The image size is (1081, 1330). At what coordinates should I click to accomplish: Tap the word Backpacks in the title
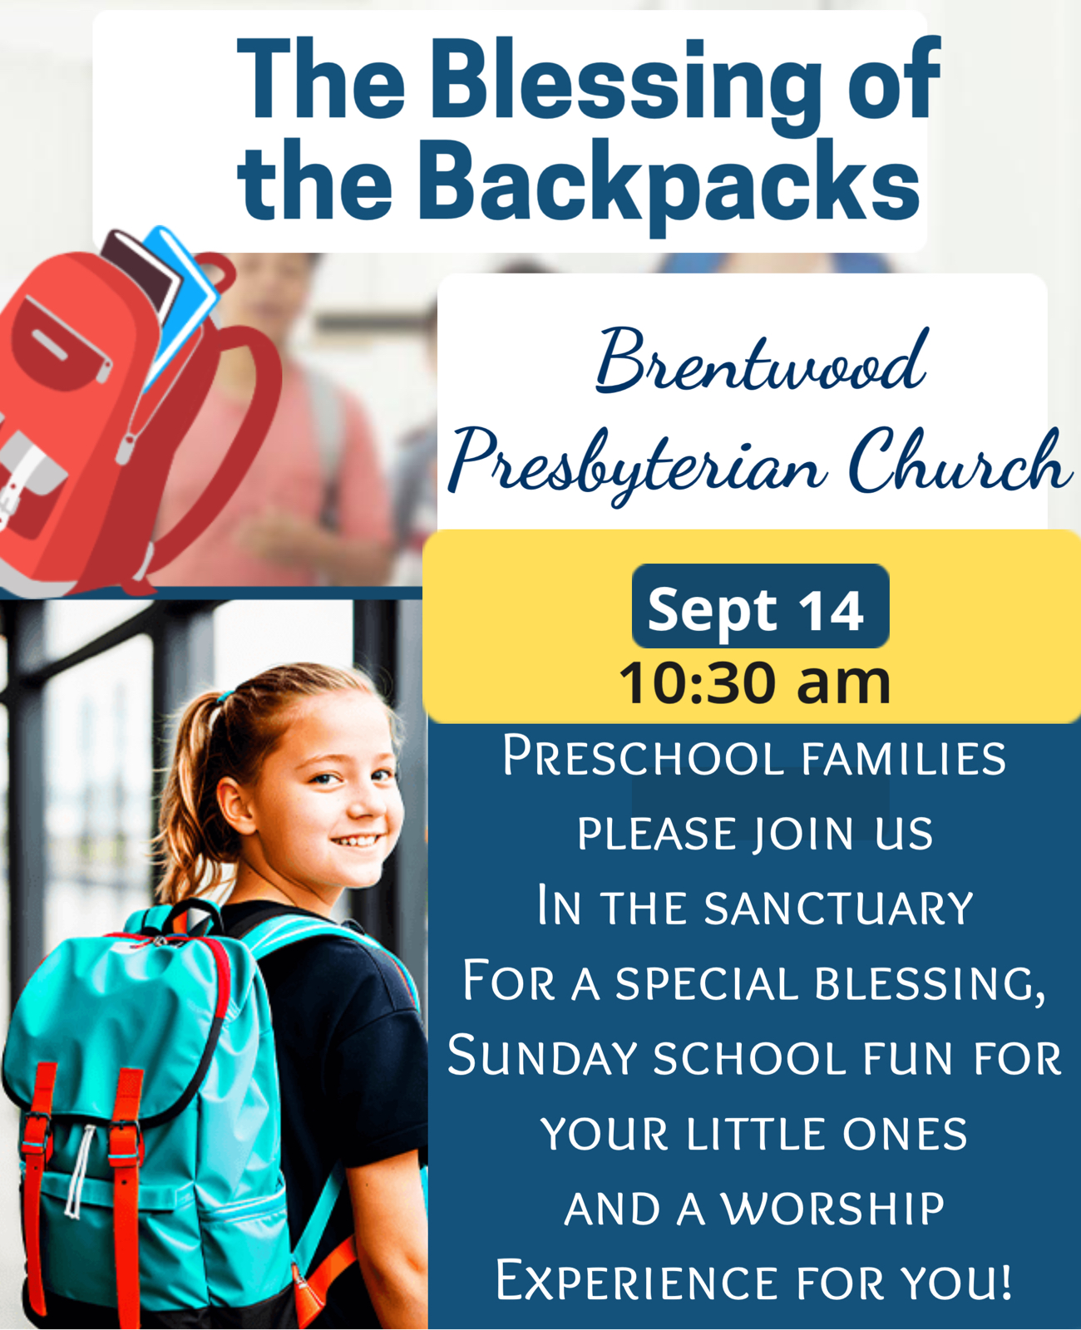point(669,185)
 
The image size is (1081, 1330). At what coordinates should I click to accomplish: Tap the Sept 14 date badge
point(760,606)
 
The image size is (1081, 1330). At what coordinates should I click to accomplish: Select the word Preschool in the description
point(644,756)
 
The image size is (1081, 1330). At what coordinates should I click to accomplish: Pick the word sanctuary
point(839,907)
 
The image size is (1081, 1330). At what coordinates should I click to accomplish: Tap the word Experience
point(637,1282)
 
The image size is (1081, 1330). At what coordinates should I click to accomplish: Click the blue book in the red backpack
point(182,300)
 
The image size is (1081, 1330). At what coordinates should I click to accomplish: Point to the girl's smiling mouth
point(356,840)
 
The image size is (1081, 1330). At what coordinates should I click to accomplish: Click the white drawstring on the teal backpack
point(79,1171)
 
